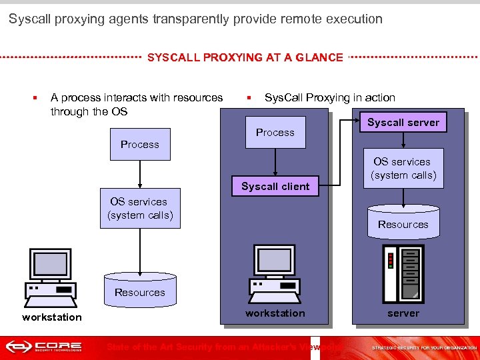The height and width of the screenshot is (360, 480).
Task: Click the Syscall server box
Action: point(403,122)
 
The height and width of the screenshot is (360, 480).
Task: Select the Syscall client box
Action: point(275,186)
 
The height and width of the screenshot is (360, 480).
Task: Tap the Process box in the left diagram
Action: point(139,144)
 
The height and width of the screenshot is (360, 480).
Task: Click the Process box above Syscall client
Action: point(275,132)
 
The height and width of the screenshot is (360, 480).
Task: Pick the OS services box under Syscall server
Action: point(403,168)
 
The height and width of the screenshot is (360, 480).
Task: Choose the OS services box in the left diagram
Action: point(140,208)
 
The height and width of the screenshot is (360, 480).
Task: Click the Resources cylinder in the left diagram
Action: point(139,290)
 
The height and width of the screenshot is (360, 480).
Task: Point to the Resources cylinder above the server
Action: point(403,223)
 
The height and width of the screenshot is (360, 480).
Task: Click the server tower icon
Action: point(403,273)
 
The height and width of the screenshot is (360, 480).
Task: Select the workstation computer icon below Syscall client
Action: point(275,270)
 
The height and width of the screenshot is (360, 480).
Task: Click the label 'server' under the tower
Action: point(403,313)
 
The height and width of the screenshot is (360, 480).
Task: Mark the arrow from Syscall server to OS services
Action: point(403,140)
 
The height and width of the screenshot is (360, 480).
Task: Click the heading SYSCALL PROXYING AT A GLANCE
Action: point(245,57)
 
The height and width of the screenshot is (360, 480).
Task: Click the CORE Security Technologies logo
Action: point(44,347)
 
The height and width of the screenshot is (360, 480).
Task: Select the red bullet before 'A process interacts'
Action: point(34,98)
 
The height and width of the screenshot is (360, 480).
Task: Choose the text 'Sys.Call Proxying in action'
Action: point(329,97)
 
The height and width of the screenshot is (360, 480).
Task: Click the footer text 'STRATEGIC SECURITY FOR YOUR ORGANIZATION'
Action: point(424,347)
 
